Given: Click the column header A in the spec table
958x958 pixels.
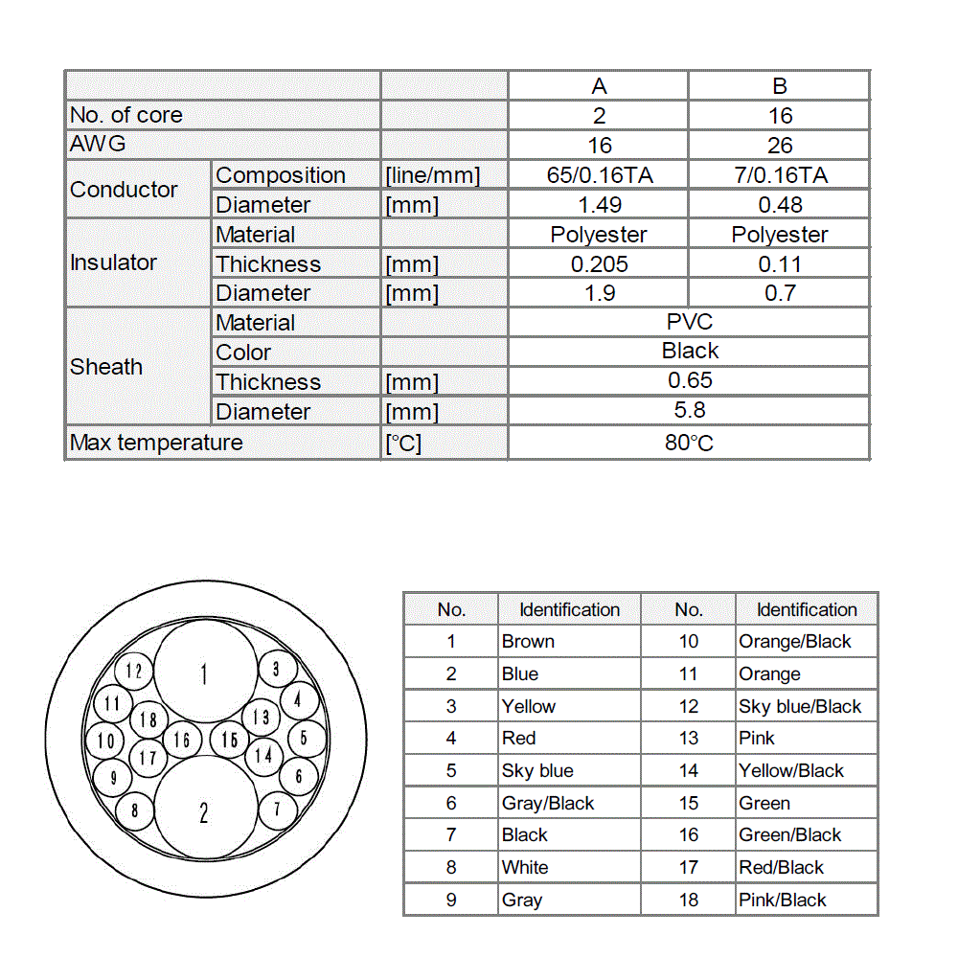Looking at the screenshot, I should [599, 86].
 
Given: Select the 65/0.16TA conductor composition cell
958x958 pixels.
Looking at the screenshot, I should [599, 175].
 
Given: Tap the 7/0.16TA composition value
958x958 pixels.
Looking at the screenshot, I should [780, 175].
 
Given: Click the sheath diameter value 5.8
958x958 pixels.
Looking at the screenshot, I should [690, 411].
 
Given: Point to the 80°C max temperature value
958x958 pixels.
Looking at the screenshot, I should [690, 443].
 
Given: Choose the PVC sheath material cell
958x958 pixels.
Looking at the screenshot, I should [690, 323].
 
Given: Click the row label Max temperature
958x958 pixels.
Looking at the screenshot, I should [157, 443].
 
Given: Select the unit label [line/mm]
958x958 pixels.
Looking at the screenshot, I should [432, 176].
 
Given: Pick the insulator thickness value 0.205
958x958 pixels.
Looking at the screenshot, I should [599, 263].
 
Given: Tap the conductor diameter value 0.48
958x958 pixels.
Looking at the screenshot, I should [780, 205].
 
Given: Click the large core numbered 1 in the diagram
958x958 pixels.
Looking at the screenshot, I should [203, 674].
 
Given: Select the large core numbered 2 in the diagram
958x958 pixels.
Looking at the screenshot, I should [203, 812].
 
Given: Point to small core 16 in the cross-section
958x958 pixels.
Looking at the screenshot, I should [182, 740].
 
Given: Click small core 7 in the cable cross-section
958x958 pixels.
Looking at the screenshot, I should [278, 809].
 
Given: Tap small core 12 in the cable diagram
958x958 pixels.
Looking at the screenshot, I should [134, 672].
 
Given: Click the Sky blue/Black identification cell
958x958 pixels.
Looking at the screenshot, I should [800, 707].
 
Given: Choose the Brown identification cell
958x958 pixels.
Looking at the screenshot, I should [528, 642].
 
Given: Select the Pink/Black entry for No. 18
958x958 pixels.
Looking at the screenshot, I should [782, 900].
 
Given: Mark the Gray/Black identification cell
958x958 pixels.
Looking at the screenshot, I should [548, 804].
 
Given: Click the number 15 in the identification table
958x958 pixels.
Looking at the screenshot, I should [688, 804].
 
